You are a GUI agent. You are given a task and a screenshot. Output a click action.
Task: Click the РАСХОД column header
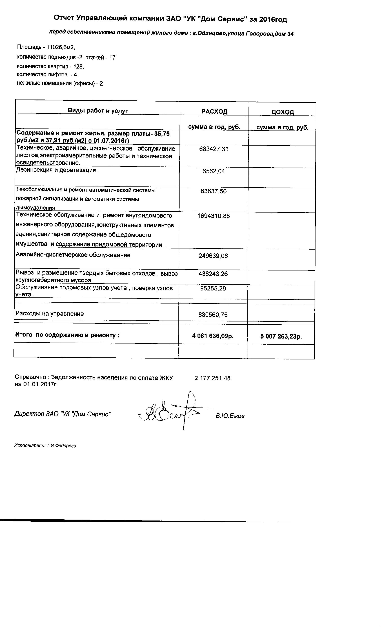(x=214, y=112)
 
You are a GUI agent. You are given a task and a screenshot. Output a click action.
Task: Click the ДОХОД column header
(x=282, y=112)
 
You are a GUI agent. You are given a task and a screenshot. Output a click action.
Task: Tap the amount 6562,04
(x=214, y=171)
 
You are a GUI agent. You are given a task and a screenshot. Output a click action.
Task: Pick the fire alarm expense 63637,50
(x=214, y=191)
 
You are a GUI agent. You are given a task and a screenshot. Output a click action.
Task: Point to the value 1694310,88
(x=214, y=216)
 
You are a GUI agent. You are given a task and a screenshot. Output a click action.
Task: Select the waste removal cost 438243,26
(x=213, y=274)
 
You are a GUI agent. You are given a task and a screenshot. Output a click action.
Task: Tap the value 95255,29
(x=213, y=289)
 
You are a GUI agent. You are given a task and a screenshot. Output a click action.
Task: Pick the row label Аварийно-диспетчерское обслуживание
(x=73, y=255)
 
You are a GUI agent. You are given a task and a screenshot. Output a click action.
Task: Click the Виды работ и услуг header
(x=98, y=111)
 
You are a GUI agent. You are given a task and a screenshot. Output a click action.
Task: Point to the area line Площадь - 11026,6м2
(x=46, y=47)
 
